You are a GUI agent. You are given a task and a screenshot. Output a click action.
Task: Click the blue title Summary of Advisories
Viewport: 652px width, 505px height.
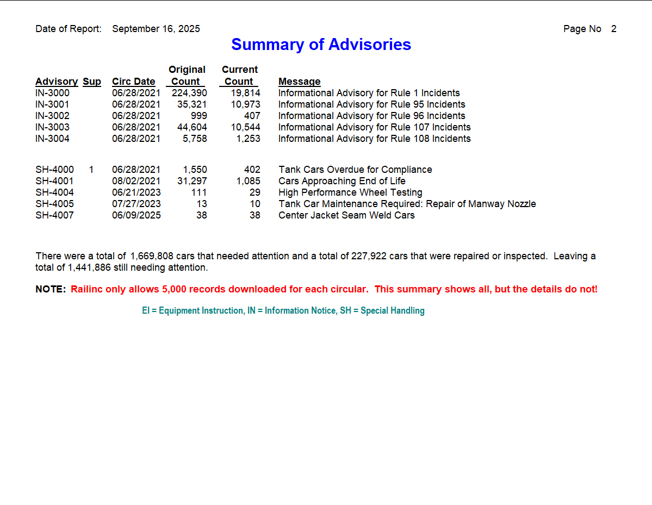point(321,45)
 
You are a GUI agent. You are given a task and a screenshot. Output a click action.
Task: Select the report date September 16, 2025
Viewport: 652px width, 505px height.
point(156,29)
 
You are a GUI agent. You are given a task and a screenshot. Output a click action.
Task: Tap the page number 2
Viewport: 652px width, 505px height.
point(613,29)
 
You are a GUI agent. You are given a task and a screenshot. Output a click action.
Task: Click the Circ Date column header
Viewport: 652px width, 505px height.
point(134,82)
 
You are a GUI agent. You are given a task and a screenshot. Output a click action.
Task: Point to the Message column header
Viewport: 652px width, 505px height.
point(299,82)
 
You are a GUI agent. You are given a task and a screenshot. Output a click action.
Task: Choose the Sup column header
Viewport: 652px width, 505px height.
point(92,82)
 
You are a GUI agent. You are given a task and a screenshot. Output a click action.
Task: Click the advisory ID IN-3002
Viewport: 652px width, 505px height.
point(53,116)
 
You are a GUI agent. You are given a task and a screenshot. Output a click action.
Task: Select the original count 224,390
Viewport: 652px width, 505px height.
point(189,93)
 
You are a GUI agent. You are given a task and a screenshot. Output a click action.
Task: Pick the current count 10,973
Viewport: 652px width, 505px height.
point(245,104)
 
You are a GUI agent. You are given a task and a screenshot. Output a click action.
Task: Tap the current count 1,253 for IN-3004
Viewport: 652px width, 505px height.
point(248,139)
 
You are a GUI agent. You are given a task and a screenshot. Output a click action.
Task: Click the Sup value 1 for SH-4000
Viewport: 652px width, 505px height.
point(91,170)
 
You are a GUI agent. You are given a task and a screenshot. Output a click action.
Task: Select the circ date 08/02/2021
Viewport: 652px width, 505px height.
point(136,181)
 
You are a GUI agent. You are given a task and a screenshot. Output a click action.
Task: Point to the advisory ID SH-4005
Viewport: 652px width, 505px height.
point(54,204)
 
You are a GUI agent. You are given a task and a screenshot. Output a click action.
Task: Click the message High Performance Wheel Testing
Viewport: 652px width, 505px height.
point(350,192)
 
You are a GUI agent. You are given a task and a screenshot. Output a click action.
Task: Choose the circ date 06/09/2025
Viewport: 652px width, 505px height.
point(136,215)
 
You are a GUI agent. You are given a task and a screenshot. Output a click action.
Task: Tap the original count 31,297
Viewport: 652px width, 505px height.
point(192,181)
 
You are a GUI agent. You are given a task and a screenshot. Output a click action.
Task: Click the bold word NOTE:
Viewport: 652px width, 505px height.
point(51,289)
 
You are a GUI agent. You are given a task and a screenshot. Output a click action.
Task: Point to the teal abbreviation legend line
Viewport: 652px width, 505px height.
point(283,311)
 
